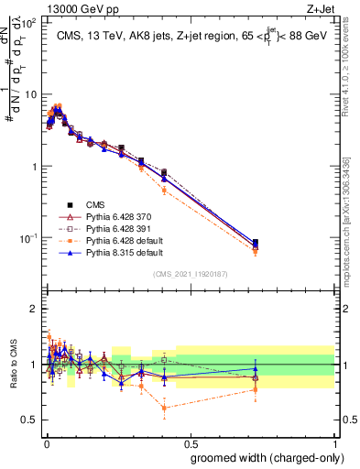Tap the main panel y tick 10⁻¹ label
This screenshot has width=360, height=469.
[x=30, y=238]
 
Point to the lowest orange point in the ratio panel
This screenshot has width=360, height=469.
[x=164, y=408]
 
